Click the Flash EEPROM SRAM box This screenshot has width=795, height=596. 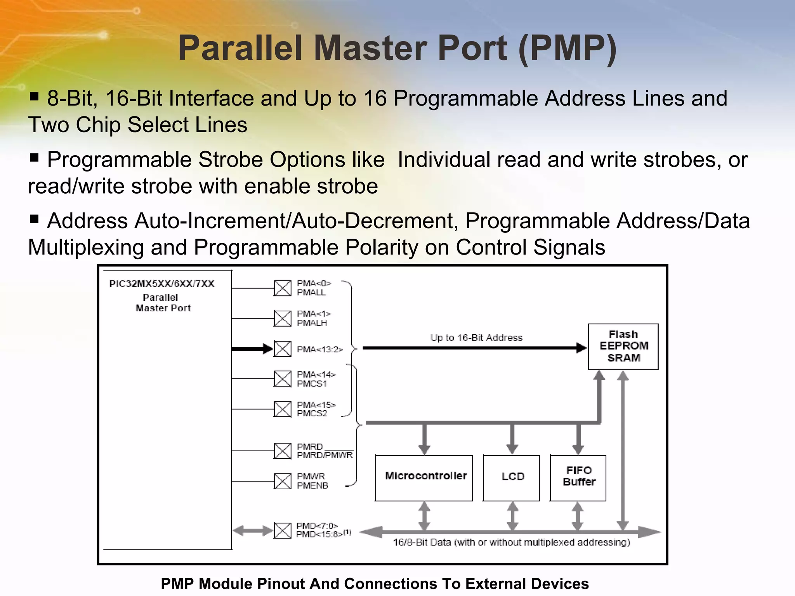(x=623, y=347)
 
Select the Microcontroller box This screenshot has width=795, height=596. (x=424, y=478)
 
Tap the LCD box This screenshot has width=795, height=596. (x=512, y=478)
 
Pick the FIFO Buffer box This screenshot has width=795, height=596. (x=578, y=478)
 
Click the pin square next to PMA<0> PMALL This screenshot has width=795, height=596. (x=283, y=288)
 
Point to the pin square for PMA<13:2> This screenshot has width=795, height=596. (x=283, y=349)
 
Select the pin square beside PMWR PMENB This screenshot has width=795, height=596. (x=283, y=481)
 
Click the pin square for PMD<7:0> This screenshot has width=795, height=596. (x=283, y=530)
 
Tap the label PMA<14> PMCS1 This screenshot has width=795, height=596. (x=316, y=379)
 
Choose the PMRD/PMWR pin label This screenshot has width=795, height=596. (x=325, y=451)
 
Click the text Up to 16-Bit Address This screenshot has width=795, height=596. (x=476, y=338)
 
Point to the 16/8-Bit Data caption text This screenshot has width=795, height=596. (x=511, y=542)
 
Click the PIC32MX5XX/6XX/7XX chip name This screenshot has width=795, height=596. (x=162, y=284)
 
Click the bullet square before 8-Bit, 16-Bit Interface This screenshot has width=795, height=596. (x=34, y=96)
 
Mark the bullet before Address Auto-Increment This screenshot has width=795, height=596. (x=34, y=219)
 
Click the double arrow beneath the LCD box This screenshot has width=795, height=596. (x=513, y=516)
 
